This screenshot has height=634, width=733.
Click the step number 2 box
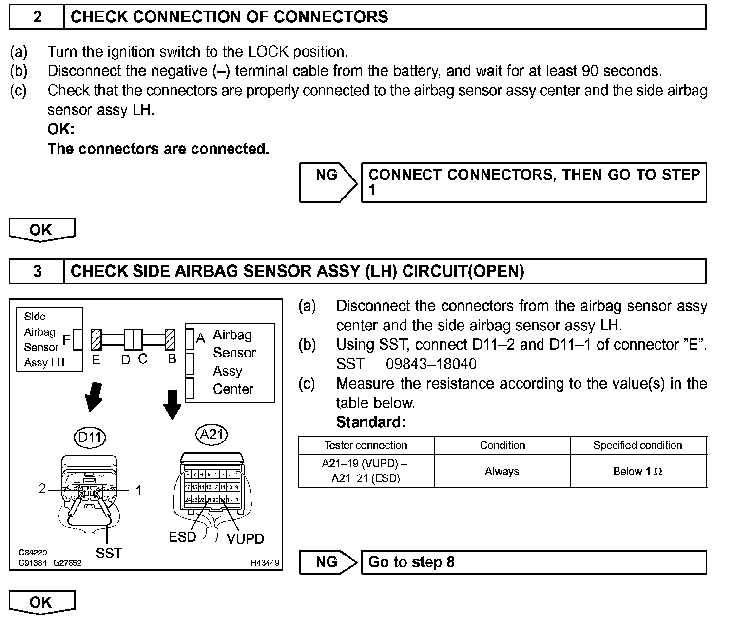pyautogui.click(x=37, y=17)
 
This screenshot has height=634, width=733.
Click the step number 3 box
pyautogui.click(x=37, y=271)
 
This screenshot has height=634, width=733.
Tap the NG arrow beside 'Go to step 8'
pyautogui.click(x=328, y=562)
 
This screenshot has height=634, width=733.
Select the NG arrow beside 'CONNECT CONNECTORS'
pyautogui.click(x=328, y=182)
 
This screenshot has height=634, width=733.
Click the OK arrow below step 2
pyautogui.click(x=42, y=230)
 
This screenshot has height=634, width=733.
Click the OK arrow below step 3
pyautogui.click(x=42, y=602)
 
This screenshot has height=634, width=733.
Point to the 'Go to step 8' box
pyautogui.click(x=534, y=562)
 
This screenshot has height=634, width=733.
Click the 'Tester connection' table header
pyautogui.click(x=366, y=445)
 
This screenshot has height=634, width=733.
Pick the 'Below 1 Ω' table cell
pyautogui.click(x=638, y=471)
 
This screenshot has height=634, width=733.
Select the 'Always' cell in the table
pyautogui.click(x=502, y=471)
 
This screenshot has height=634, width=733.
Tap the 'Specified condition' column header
pyautogui.click(x=638, y=445)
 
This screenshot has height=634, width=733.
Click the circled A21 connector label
pyautogui.click(x=212, y=434)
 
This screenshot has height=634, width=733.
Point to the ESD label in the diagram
pyautogui.click(x=182, y=537)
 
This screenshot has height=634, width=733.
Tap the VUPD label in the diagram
pyautogui.click(x=245, y=539)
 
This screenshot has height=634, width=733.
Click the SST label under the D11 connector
pyautogui.click(x=109, y=553)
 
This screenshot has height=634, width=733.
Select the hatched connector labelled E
pyautogui.click(x=96, y=339)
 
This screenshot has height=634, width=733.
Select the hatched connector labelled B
pyautogui.click(x=170, y=339)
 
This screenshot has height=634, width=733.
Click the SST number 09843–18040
pyautogui.click(x=431, y=364)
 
